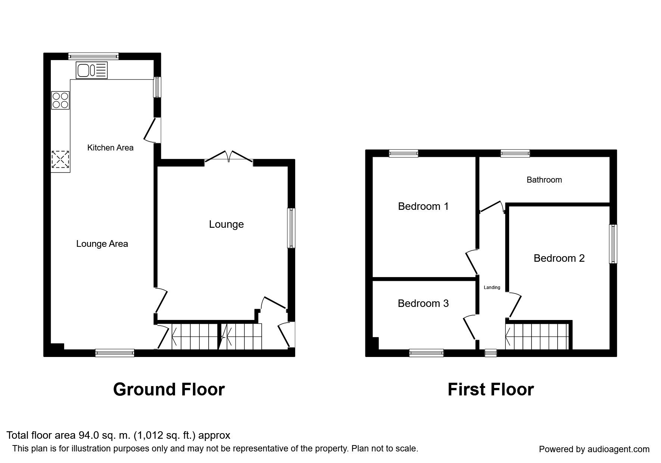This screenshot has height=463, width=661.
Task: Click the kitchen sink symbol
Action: coord(91,70)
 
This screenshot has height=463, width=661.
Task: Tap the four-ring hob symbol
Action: coord(60,100)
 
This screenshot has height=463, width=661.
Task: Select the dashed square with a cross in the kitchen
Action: coord(60,159)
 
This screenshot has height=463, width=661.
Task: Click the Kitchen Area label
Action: coord(110,147)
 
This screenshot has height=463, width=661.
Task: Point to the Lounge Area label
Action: coord(102,244)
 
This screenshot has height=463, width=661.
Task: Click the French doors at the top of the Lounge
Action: coord(229,156)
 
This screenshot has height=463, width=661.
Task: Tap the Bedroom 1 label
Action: coord(423,206)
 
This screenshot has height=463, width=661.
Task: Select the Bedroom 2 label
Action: coord(559,258)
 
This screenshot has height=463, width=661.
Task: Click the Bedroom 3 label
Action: coord(423,303)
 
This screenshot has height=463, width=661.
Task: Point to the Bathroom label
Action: coord(544,180)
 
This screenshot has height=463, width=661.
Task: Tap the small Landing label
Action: coord(492,288)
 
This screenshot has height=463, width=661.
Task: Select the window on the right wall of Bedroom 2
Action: coord(613,244)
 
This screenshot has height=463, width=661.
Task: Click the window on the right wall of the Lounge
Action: coord(291,228)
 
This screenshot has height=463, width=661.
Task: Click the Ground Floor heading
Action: coord(169,389)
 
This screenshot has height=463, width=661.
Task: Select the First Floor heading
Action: coord(491,389)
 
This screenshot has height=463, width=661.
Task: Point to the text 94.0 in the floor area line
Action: coord(87,435)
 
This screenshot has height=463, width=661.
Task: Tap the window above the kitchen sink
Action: coord(93,56)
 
